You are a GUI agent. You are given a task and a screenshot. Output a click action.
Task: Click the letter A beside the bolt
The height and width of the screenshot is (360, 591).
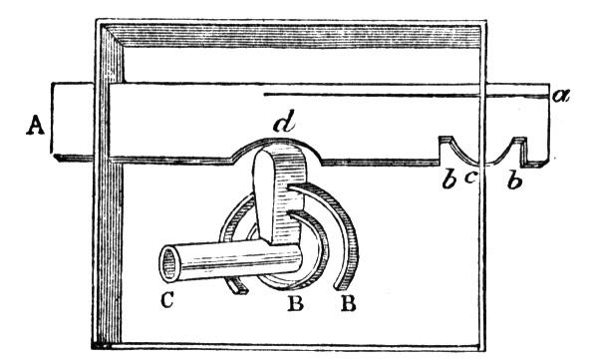[x=35, y=125]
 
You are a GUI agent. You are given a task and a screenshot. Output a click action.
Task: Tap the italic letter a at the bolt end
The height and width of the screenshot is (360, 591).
[x=560, y=96]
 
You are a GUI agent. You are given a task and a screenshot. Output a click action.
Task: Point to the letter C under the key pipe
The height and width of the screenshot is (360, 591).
[x=167, y=300]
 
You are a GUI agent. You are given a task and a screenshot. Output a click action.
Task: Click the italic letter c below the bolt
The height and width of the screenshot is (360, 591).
[x=469, y=178]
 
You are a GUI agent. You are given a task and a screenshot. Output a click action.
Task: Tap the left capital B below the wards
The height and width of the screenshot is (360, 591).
[x=295, y=303]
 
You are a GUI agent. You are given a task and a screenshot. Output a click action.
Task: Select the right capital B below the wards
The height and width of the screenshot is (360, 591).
[x=348, y=303]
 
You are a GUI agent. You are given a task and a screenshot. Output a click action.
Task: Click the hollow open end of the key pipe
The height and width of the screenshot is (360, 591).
[x=170, y=264]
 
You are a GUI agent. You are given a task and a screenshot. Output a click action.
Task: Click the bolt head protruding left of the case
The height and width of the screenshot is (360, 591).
[x=72, y=122]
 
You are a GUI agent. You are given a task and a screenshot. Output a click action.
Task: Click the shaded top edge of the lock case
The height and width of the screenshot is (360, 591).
[x=294, y=36]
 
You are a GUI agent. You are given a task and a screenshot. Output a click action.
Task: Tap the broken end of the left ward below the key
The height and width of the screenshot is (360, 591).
[x=240, y=290]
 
